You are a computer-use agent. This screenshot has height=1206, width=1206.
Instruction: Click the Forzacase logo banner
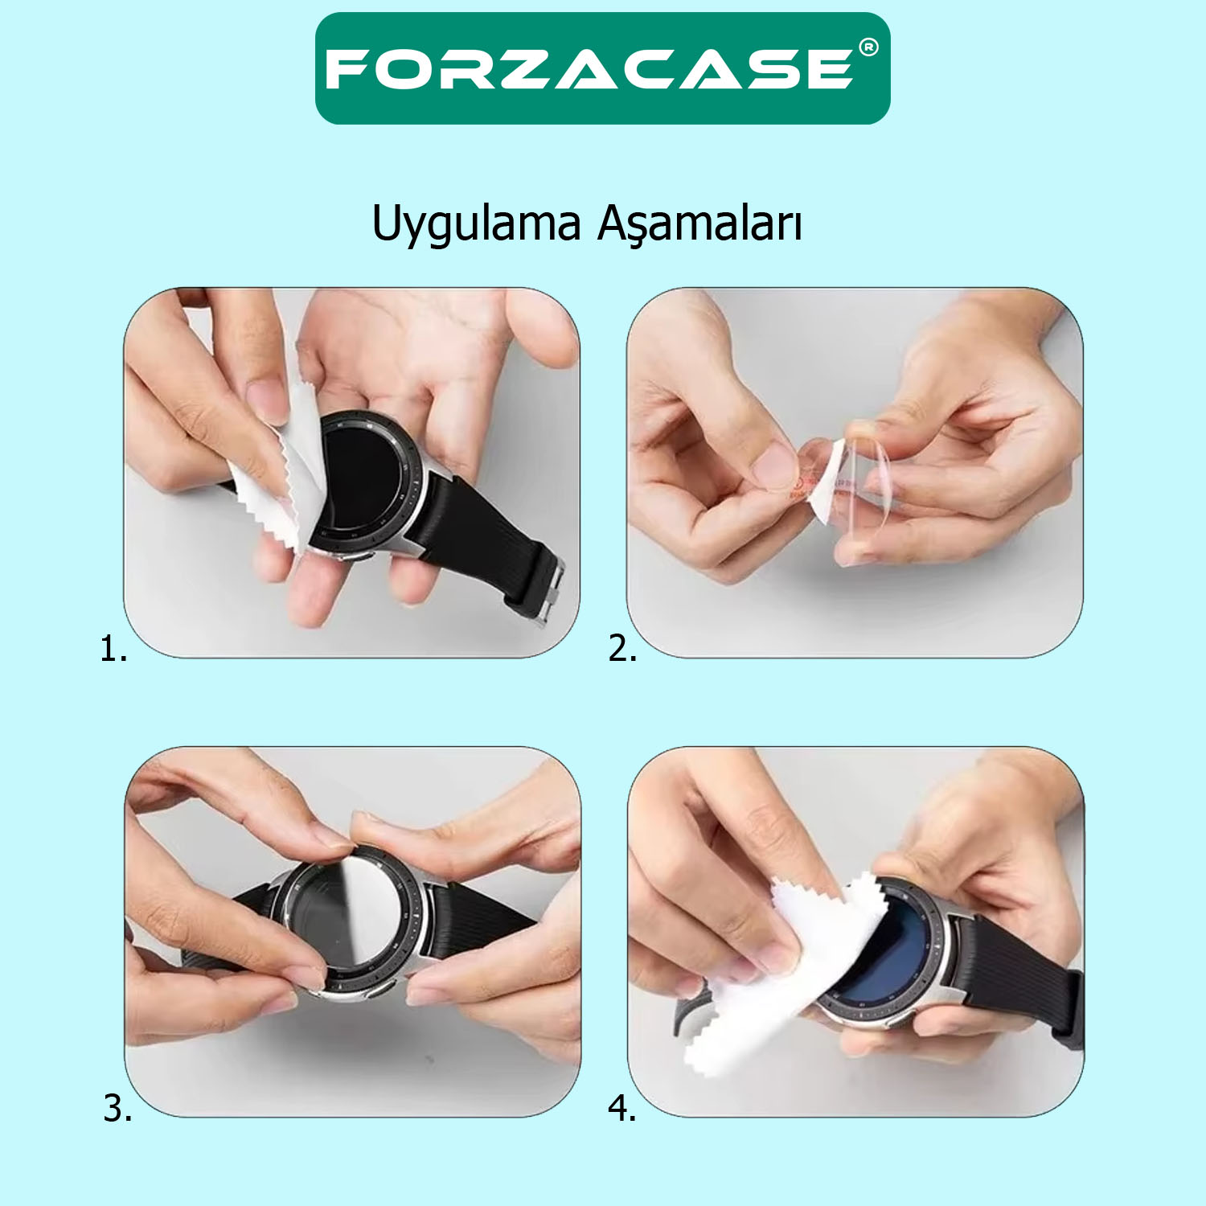(x=603, y=68)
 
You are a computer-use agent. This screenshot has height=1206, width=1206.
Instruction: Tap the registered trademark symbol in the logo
(x=868, y=47)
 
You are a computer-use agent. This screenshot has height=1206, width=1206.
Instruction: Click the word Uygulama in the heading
(x=476, y=224)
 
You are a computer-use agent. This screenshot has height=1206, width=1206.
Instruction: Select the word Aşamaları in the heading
(x=699, y=224)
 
